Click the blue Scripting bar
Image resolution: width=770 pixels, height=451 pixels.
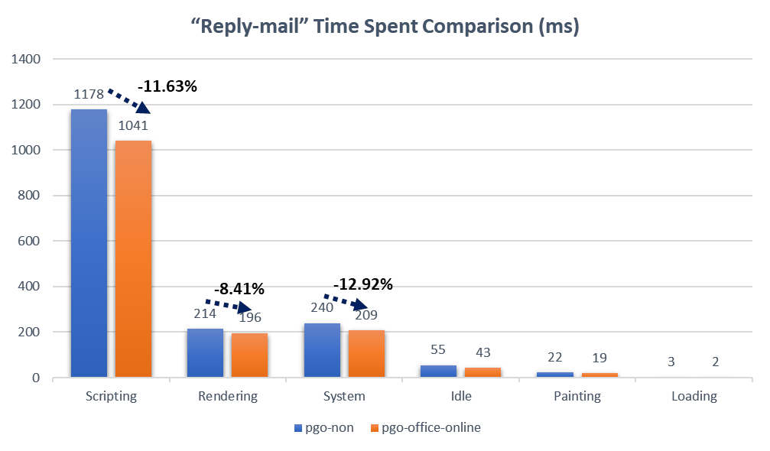pyautogui.click(x=89, y=243)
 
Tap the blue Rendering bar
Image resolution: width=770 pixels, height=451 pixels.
pyautogui.click(x=205, y=353)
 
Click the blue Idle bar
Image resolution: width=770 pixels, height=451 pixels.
pyautogui.click(x=438, y=372)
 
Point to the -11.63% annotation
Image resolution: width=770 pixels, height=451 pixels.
pyautogui.click(x=167, y=86)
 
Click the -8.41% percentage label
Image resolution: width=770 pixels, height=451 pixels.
pyautogui.click(x=239, y=289)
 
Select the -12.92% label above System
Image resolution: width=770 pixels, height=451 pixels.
pyautogui.click(x=362, y=285)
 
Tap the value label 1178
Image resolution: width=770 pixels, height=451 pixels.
pyautogui.click(x=89, y=95)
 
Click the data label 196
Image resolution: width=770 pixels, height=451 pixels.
pyautogui.click(x=249, y=317)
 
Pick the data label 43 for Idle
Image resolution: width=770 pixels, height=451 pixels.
pyautogui.click(x=482, y=352)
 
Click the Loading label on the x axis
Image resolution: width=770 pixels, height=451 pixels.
pyautogui.click(x=694, y=396)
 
